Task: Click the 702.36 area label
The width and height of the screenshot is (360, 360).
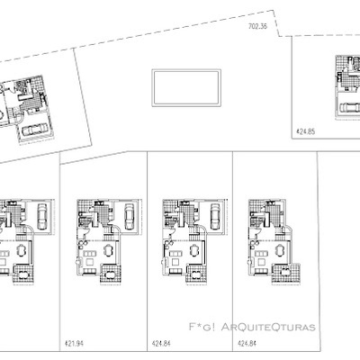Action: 258,28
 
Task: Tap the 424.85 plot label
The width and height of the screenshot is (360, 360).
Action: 307,131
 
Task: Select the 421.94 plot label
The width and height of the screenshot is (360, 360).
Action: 74,344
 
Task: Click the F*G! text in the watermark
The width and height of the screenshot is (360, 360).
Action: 200,326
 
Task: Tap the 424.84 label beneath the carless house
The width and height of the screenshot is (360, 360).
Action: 247,344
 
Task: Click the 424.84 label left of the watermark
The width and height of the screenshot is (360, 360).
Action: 162,344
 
